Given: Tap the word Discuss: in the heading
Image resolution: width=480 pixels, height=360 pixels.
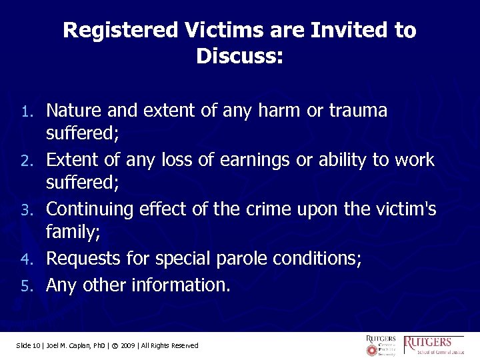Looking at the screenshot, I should click(x=240, y=57).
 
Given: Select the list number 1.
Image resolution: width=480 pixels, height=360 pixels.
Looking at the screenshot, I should click(x=32, y=111).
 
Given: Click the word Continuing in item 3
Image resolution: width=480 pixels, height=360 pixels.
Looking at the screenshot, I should click(x=91, y=210).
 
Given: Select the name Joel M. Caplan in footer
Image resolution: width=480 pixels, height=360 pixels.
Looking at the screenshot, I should click(x=67, y=345).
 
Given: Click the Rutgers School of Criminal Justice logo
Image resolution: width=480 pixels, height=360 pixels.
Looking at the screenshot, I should click(x=434, y=345).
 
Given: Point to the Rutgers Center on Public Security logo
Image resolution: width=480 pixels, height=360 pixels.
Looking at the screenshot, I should click(x=381, y=345).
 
